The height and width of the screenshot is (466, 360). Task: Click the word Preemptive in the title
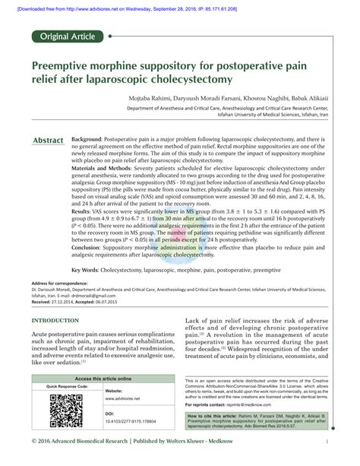click(65, 66)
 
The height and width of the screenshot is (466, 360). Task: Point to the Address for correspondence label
click(61, 283)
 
